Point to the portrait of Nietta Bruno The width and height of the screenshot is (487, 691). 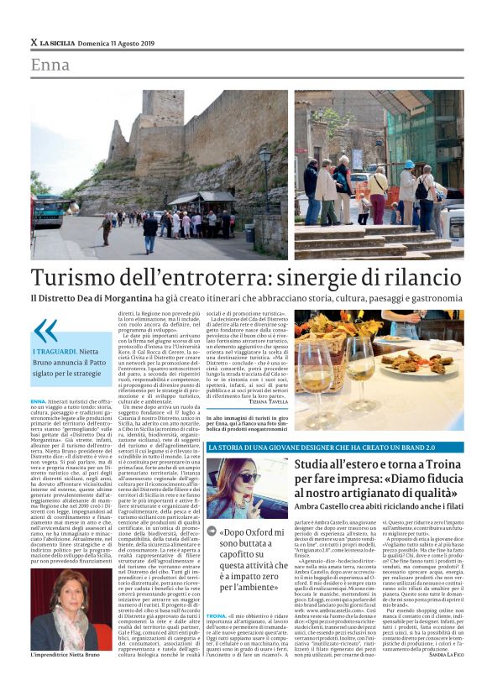(64, 614)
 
